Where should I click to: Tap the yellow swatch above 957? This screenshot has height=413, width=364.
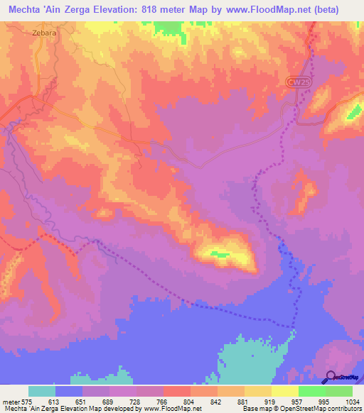click(x=284, y=391)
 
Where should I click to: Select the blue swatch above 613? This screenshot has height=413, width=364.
click(x=68, y=391)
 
